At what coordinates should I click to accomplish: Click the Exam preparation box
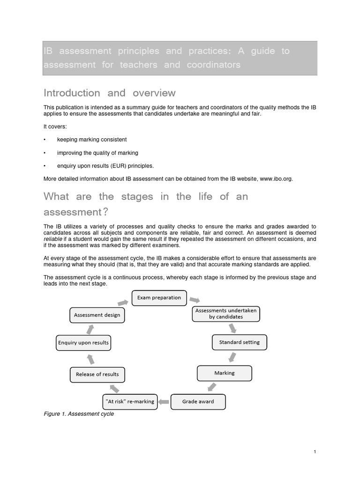159,298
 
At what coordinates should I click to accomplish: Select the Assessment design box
97,315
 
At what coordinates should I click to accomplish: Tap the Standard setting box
239,342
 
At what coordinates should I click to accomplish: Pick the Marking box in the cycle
224,373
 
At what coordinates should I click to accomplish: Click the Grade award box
198,402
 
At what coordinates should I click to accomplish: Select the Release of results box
97,374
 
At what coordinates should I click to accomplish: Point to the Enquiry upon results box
83,343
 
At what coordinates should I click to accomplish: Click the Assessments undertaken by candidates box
225,314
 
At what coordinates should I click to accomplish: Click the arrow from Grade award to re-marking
163,402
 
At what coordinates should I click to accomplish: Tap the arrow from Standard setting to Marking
232,358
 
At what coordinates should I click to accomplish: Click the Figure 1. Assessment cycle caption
78,414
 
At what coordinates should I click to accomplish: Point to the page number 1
315,451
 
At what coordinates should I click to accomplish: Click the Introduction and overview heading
109,93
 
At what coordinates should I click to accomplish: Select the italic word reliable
53,239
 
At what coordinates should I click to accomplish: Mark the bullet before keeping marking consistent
45,140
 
